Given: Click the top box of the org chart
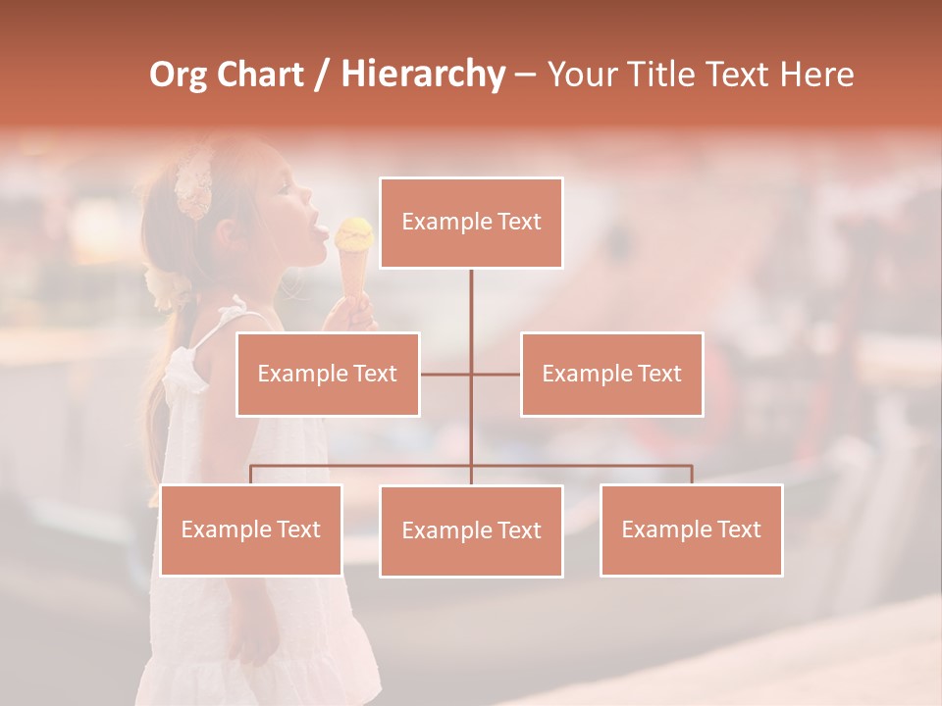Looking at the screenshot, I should tap(471, 223).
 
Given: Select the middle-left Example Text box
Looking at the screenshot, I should tap(328, 374).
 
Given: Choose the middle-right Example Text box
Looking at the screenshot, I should tap(611, 374).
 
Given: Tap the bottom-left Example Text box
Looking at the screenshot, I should tap(251, 529).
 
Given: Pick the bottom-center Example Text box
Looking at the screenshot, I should tap(471, 530).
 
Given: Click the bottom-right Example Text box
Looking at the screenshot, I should tap(691, 529).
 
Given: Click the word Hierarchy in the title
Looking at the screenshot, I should tap(422, 75).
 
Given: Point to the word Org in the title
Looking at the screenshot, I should tap(178, 75).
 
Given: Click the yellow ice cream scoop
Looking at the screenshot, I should tap(354, 233).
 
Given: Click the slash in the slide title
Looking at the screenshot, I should tap(322, 75).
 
